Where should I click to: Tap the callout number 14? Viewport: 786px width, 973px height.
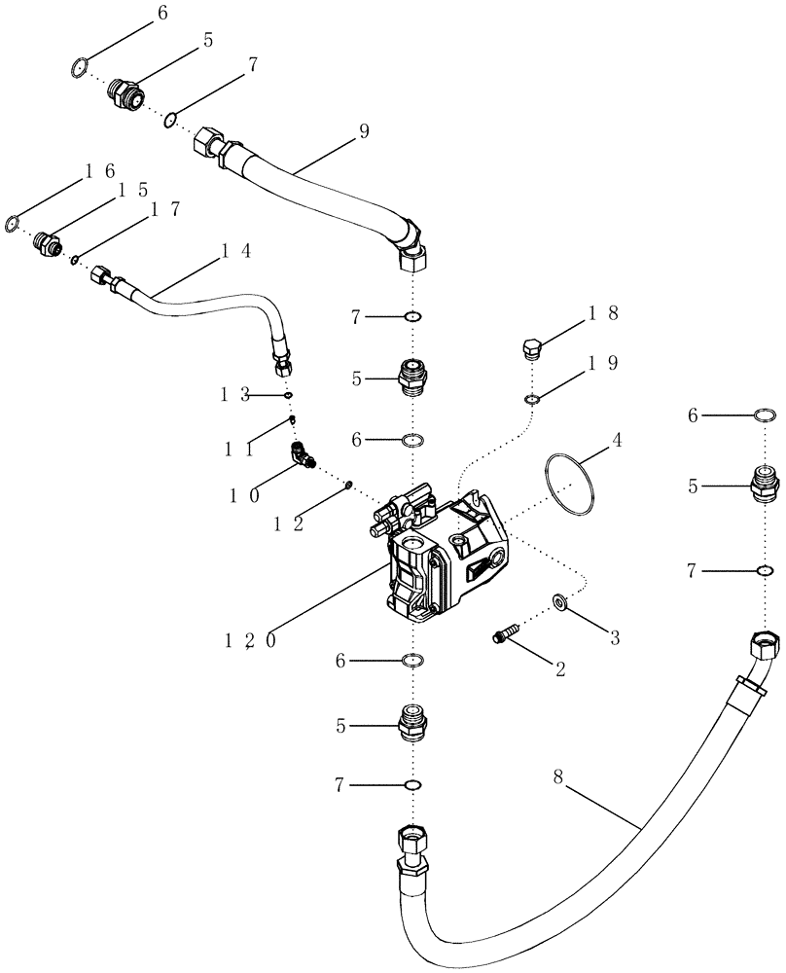(233, 250)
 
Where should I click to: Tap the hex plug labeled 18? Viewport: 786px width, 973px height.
(531, 348)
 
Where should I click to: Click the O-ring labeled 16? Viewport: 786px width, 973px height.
(12, 224)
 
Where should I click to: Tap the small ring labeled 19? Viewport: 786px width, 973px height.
(531, 399)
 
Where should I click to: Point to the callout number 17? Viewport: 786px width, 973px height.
(158, 208)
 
